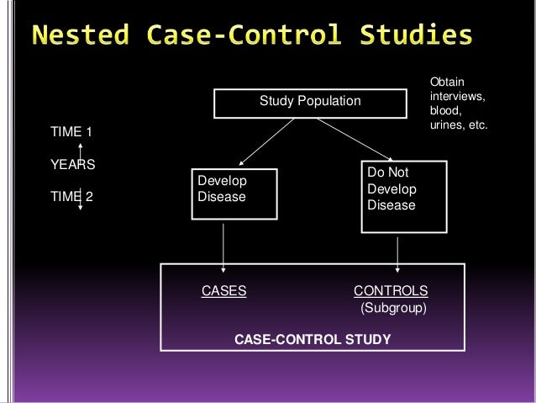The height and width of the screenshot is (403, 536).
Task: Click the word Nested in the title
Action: point(82,36)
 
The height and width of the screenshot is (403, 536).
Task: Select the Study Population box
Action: point(309,102)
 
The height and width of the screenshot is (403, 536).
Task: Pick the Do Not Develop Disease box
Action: point(403,196)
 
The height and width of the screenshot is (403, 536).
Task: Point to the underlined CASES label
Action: point(224,291)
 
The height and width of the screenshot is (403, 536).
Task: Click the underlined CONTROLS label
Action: point(391,291)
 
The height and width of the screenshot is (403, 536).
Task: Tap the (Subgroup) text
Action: point(393,309)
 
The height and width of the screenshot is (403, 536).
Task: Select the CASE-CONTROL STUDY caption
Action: point(312,340)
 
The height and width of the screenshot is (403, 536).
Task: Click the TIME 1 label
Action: point(72,132)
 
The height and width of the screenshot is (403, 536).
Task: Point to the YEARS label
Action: point(73,165)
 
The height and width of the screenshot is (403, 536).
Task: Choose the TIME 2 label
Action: point(72,198)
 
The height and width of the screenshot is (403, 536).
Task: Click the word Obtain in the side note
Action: point(446,82)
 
